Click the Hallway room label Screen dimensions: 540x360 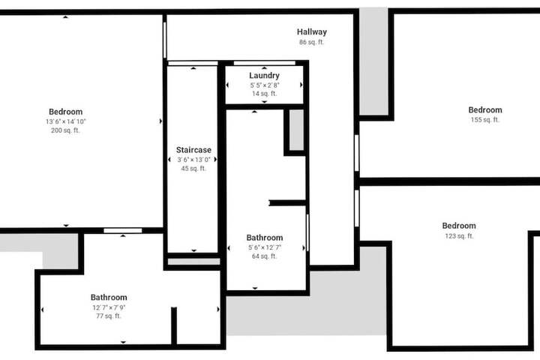coord(312,32)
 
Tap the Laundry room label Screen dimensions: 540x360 coord(264,76)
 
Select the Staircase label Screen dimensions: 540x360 coord(193,150)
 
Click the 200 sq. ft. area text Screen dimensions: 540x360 coord(65,130)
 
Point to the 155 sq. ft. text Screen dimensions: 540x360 coord(485,120)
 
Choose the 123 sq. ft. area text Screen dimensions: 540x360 coord(459,236)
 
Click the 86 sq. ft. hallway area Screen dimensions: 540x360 coord(312,42)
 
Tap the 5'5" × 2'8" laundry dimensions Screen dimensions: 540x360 coord(265,85)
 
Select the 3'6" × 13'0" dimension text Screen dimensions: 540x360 coord(193,160)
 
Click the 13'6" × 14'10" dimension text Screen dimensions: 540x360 coord(66,121)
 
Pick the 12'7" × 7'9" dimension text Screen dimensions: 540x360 coord(109,307)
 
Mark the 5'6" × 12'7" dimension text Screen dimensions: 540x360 coord(265,247)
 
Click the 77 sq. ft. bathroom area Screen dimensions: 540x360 coord(109,316)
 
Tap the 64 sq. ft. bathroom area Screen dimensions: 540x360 coord(265,256)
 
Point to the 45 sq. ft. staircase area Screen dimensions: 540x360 coord(193,169)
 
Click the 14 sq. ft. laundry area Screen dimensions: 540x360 coord(265,94)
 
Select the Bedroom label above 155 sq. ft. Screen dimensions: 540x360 coord(485,110)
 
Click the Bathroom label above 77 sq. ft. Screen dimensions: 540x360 coord(109,297)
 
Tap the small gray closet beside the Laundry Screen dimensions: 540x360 coord(296,130)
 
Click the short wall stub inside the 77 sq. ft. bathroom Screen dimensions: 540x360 coord(174,325)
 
